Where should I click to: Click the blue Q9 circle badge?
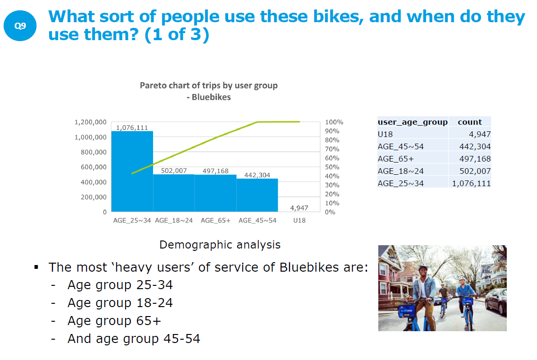(20, 26)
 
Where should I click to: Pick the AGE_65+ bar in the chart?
(215, 193)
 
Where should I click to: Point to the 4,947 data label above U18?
(299, 208)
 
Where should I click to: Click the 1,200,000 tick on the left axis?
(91, 122)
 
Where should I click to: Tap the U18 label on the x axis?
(298, 221)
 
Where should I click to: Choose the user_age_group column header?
(412, 122)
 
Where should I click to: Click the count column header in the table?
(469, 122)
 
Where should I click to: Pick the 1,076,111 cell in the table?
(471, 183)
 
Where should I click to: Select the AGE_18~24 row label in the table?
(401, 171)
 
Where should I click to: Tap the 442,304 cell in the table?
(475, 146)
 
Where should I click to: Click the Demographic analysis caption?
(220, 245)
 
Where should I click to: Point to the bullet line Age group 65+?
(114, 321)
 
